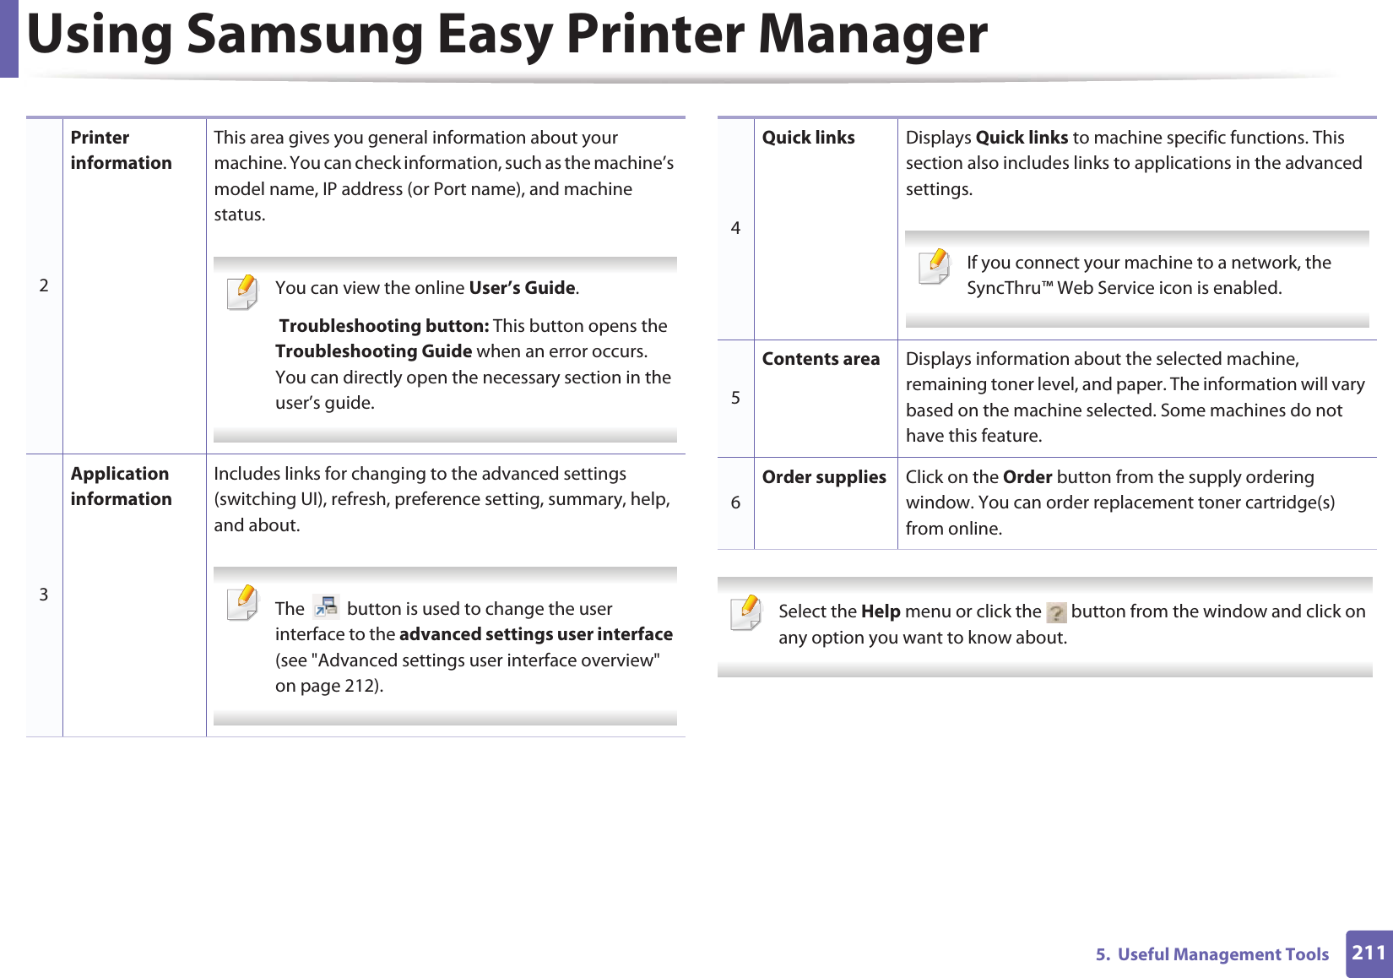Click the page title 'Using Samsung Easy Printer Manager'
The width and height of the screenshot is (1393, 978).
[507, 35]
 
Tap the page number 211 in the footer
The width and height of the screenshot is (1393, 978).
[1369, 953]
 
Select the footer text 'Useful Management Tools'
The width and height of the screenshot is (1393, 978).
[1222, 954]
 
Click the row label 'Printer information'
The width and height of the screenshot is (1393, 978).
[121, 150]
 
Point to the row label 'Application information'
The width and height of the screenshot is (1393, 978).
[121, 486]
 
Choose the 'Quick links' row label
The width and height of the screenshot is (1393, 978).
[808, 138]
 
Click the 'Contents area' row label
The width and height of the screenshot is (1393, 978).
[821, 359]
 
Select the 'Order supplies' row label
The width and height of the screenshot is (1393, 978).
[824, 477]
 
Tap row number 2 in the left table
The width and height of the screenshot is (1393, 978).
[44, 285]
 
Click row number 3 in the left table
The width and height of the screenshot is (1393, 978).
[44, 595]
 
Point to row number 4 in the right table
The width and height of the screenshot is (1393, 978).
[735, 228]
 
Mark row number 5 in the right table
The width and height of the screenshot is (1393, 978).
[735, 398]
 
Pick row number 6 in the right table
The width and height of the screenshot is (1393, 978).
[735, 503]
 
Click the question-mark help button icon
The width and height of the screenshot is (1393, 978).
[1055, 612]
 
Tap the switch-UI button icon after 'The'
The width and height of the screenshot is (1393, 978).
[326, 607]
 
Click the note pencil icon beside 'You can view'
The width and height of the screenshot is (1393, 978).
[242, 292]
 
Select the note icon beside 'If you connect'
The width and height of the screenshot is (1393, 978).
[935, 267]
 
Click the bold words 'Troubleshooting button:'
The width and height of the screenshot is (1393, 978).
[383, 326]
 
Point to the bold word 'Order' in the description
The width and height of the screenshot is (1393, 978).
[1027, 477]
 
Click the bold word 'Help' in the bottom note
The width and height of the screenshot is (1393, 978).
[881, 611]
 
